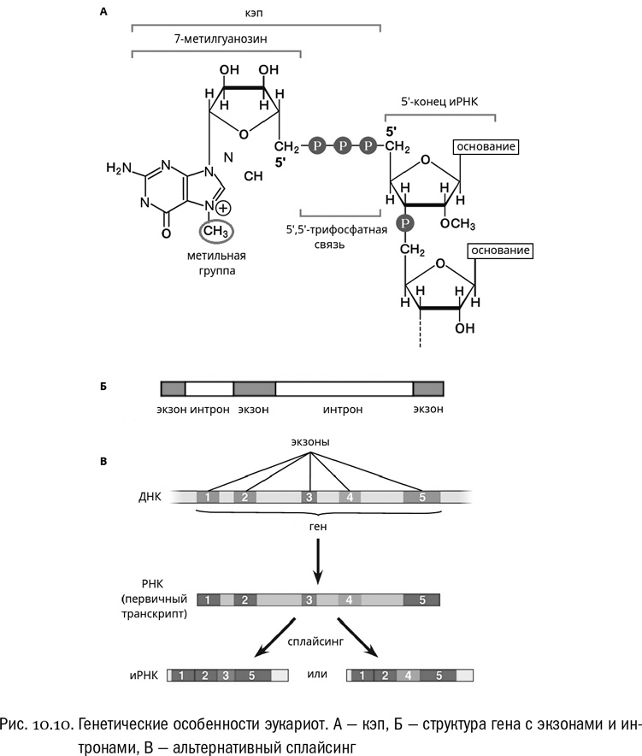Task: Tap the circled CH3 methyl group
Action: click(x=215, y=230)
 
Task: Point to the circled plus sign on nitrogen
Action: click(x=222, y=208)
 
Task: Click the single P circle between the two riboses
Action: click(x=407, y=223)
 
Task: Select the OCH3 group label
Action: click(x=458, y=224)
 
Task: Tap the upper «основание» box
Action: click(x=486, y=147)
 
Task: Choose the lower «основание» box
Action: click(x=499, y=251)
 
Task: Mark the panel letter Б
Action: click(x=103, y=387)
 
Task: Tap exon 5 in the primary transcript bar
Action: click(x=422, y=599)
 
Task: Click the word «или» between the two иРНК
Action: click(x=319, y=675)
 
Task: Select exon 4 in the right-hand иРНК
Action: click(x=409, y=676)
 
